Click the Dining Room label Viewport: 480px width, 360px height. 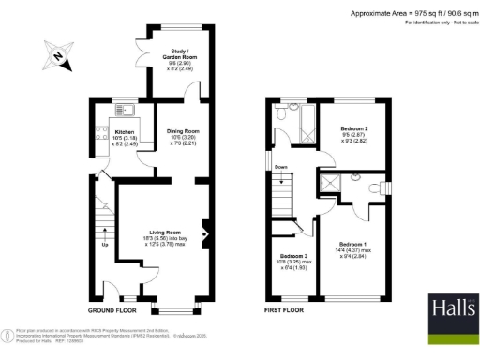click(x=183, y=131)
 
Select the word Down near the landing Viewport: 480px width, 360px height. click(x=281, y=168)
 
